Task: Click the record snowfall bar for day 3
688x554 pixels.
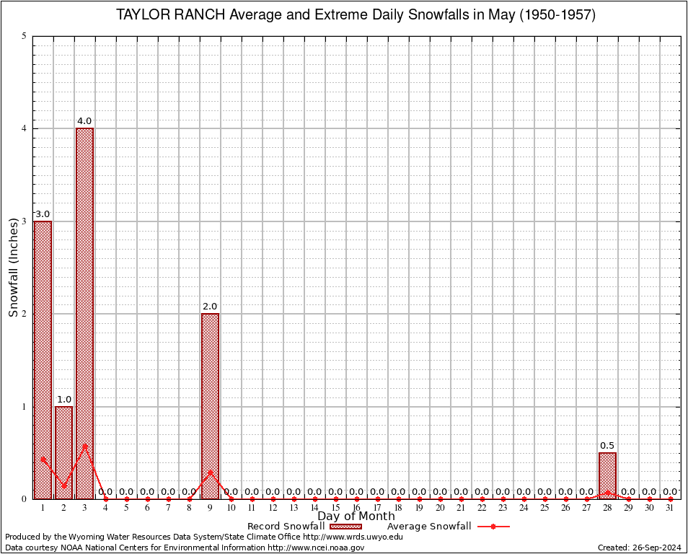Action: pos(84,313)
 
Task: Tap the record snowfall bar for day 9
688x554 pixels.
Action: pos(210,405)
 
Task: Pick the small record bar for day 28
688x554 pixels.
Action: pos(607,475)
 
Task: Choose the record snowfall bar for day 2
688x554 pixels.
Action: pos(63,452)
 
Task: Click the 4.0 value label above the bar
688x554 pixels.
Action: pos(84,121)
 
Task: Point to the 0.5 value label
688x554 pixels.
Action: pos(607,446)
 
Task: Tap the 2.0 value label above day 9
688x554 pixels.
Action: pos(210,307)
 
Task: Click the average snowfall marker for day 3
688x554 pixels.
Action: pos(84,446)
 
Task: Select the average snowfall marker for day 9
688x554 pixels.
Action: pos(210,472)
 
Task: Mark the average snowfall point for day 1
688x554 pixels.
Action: pos(43,458)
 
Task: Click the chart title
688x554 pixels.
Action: pos(356,15)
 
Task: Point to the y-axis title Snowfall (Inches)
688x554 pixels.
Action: pos(13,267)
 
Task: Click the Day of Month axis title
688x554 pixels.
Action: pos(356,516)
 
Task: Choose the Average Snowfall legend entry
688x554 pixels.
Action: pos(448,527)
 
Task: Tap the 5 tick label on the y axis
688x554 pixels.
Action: pos(25,36)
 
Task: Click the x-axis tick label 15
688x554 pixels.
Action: pos(335,509)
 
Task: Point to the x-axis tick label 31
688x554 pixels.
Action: pos(670,509)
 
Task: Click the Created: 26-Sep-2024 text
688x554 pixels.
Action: pos(640,548)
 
